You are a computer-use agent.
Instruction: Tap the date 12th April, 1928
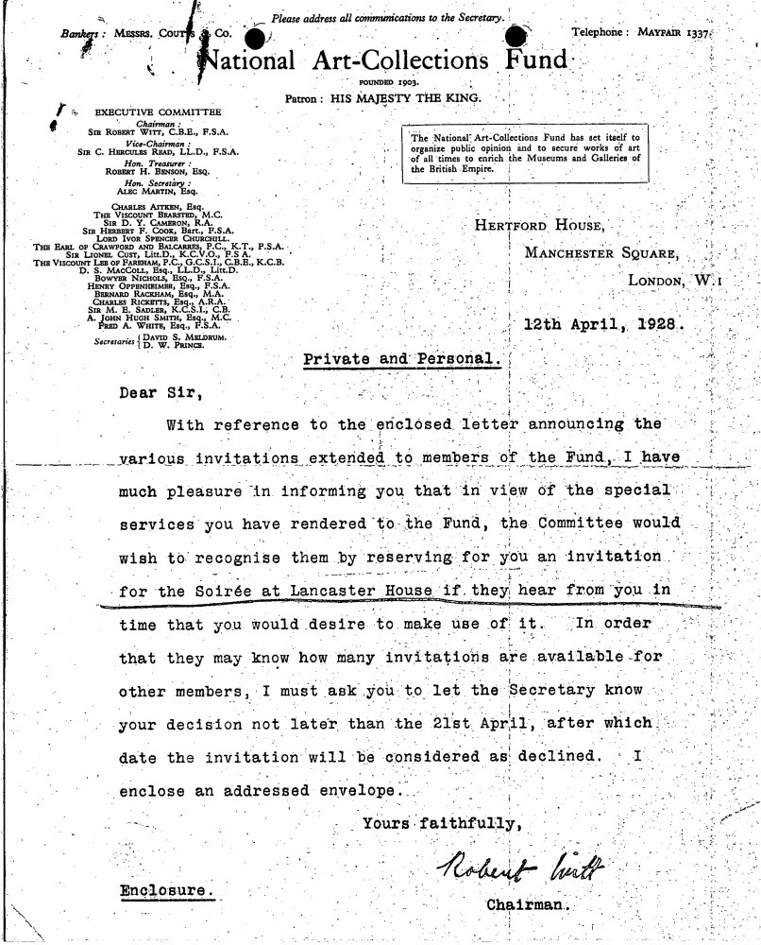tap(604, 323)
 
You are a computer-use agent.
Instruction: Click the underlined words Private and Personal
tap(402, 359)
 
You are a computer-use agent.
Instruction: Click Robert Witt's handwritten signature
tap(519, 864)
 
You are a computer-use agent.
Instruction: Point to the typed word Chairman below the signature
tap(529, 904)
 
